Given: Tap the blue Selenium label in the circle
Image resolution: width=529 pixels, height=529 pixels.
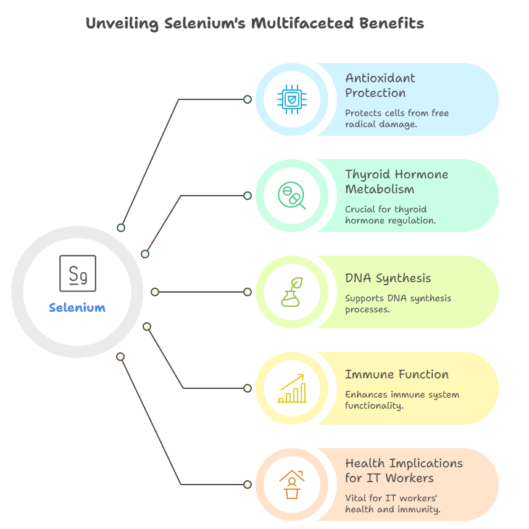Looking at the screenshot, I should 77,307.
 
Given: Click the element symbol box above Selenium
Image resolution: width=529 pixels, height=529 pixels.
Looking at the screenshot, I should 78,273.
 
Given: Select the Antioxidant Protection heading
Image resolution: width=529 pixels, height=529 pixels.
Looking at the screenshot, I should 380,85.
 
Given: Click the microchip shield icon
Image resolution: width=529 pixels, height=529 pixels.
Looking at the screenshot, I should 291,99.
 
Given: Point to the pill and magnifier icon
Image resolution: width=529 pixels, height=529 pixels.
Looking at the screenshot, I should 291,196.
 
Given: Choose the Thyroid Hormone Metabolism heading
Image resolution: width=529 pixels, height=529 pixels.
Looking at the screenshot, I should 396,181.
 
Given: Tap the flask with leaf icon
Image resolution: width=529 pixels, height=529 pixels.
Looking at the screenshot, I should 291,292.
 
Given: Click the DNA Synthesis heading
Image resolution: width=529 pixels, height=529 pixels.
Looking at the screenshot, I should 388,278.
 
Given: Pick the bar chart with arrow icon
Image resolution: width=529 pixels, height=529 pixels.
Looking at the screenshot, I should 291,388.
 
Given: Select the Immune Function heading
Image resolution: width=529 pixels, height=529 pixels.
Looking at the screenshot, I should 396,375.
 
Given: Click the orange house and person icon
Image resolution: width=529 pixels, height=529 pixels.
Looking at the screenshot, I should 291,485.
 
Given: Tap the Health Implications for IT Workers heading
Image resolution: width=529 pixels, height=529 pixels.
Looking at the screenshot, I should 404,470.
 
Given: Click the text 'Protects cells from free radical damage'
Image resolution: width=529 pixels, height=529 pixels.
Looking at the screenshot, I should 396,119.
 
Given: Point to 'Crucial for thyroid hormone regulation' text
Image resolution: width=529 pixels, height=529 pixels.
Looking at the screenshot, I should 390,215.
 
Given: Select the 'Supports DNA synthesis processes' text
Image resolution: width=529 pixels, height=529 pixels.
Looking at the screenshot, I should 398,303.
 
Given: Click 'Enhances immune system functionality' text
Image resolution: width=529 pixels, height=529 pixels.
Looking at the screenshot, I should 402,400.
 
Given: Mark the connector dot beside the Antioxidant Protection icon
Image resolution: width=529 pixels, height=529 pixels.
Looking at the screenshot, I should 248,99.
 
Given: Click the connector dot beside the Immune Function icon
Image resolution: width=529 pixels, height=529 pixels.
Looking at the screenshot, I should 248,388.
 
